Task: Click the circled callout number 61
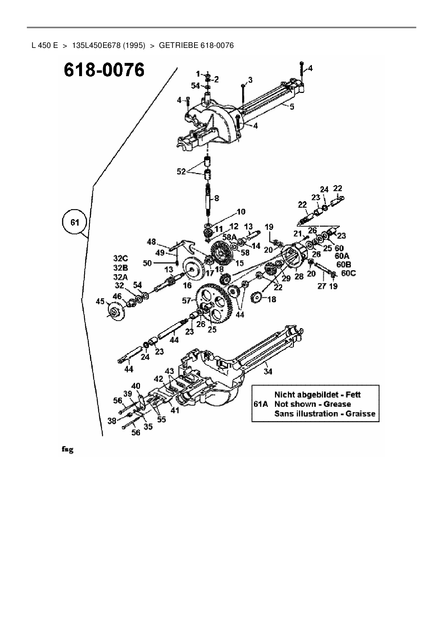(x=74, y=222)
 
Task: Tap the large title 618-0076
(x=104, y=70)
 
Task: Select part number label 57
(x=186, y=301)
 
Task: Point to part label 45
(x=100, y=302)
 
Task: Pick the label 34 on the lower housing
(x=268, y=371)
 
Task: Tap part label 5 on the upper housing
(x=292, y=107)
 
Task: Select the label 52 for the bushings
(x=182, y=172)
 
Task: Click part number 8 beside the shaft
(x=217, y=198)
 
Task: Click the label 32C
(x=121, y=258)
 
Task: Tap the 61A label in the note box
(x=261, y=404)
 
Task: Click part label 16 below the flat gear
(x=187, y=286)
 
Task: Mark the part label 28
(x=299, y=276)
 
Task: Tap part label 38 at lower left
(x=112, y=421)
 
